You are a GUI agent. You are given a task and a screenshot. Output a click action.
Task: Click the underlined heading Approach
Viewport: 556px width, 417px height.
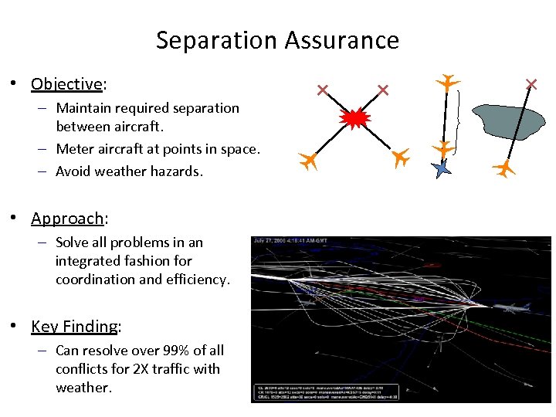67,219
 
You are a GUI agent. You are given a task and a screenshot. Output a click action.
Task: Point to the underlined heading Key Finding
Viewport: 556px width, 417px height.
74,326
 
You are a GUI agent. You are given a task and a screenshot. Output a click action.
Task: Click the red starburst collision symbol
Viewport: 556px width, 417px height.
355,118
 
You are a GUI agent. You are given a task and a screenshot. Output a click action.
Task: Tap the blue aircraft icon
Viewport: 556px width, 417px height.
441,168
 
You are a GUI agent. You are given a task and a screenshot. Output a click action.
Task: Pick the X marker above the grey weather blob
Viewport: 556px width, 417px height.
531,84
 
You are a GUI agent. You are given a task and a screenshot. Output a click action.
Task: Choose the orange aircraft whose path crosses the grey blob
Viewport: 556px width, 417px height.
504,168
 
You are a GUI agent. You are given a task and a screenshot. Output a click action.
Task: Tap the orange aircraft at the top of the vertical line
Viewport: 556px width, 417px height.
447,81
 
